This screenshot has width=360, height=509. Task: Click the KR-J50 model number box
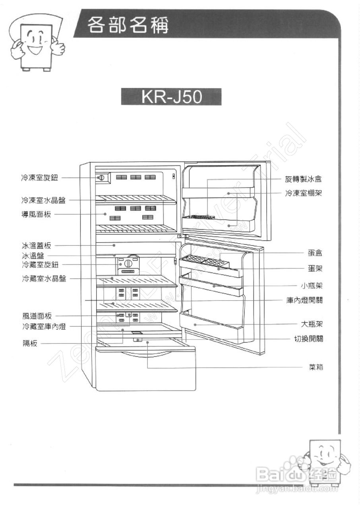(171, 97)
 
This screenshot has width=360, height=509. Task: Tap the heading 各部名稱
(128, 25)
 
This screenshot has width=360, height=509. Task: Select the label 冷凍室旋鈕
(40, 178)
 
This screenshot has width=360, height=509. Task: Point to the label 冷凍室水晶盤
(43, 200)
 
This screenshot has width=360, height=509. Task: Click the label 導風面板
(36, 215)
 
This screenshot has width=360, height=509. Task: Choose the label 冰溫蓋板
(36, 246)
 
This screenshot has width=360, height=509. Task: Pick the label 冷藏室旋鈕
(40, 264)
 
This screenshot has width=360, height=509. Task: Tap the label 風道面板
(37, 317)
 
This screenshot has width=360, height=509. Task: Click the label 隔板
(29, 344)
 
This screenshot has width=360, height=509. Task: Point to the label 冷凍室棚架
(303, 193)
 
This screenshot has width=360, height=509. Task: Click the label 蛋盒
(315, 253)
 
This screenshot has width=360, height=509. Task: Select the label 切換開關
(308, 339)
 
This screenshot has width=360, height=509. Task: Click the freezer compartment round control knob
(101, 177)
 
